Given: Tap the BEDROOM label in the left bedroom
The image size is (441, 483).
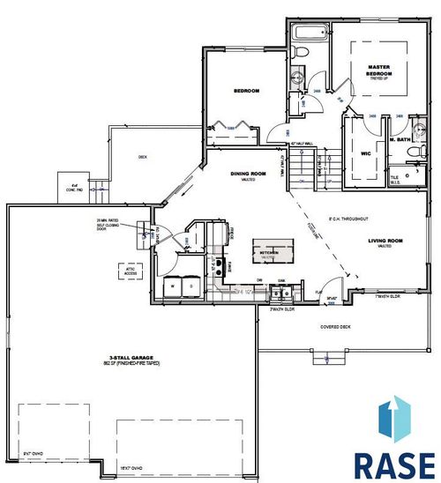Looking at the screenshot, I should [x=245, y=91].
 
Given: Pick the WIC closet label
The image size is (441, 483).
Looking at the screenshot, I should [x=364, y=152].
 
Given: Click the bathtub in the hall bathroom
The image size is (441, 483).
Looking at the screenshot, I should [x=309, y=36].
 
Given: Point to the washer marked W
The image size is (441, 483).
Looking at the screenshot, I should [x=174, y=286].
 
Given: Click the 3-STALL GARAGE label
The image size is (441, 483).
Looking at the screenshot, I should [x=120, y=359].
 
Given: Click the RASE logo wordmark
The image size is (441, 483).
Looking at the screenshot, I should [x=392, y=463].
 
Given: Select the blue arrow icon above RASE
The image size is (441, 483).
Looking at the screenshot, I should [x=393, y=419].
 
